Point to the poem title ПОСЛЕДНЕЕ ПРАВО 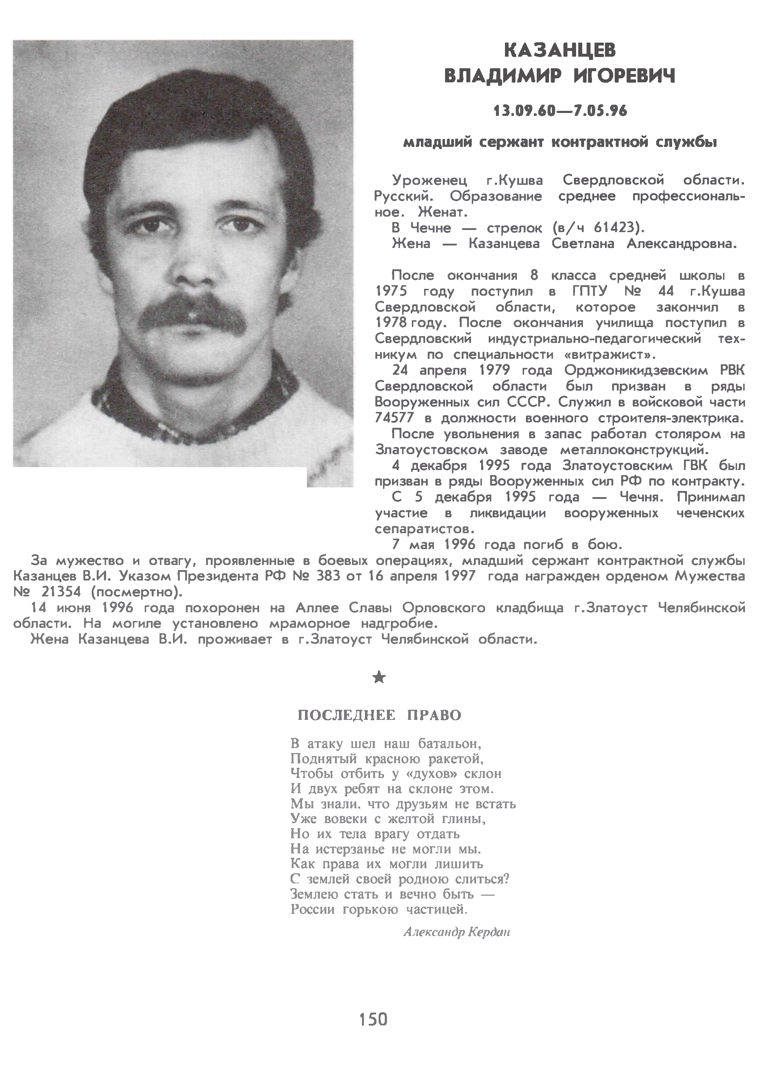pos(379,716)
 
